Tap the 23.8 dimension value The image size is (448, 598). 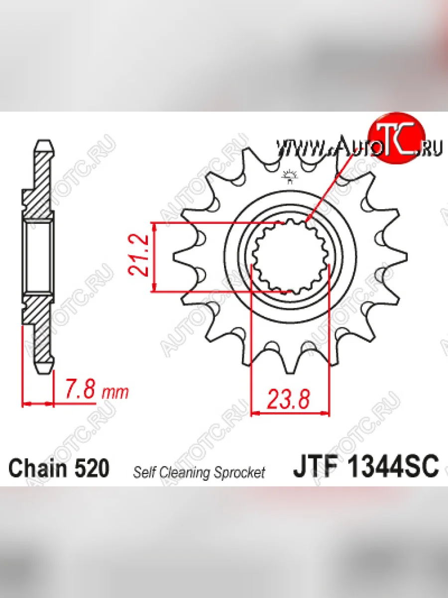click(x=289, y=399)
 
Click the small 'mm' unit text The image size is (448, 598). click(x=115, y=393)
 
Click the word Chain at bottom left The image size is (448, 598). click(x=38, y=468)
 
